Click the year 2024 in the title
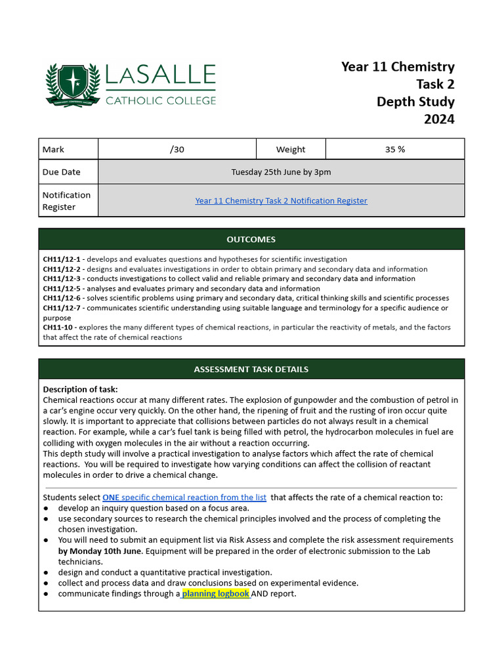(x=438, y=119)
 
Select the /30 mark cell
(x=177, y=149)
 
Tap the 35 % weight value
(x=394, y=149)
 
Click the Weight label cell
(x=290, y=149)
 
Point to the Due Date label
(x=61, y=172)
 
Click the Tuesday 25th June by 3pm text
(x=281, y=172)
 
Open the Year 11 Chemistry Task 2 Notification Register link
(x=281, y=201)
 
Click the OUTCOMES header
(x=251, y=240)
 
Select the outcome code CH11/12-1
(x=62, y=259)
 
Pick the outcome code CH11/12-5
(x=62, y=289)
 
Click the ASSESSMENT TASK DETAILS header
(x=251, y=369)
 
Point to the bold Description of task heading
(x=80, y=390)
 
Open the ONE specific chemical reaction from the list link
(x=184, y=497)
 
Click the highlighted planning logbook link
(x=216, y=594)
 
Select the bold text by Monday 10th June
(x=110, y=551)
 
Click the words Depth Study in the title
(x=415, y=102)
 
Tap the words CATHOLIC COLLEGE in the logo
(x=161, y=100)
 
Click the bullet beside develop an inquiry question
(x=46, y=509)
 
